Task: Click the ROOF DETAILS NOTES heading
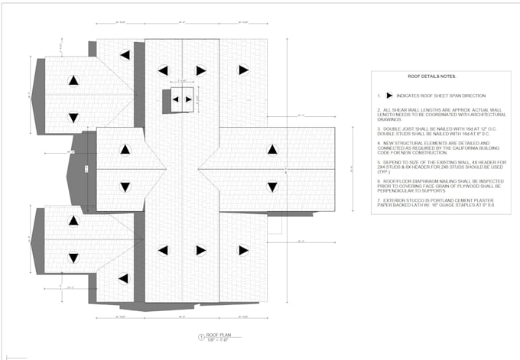coord(432,77)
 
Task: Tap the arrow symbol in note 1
coord(390,96)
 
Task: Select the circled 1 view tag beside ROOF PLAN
coord(201,336)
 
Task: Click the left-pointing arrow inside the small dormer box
coord(176,99)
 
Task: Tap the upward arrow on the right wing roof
coord(271,150)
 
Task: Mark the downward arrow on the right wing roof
coord(271,186)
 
